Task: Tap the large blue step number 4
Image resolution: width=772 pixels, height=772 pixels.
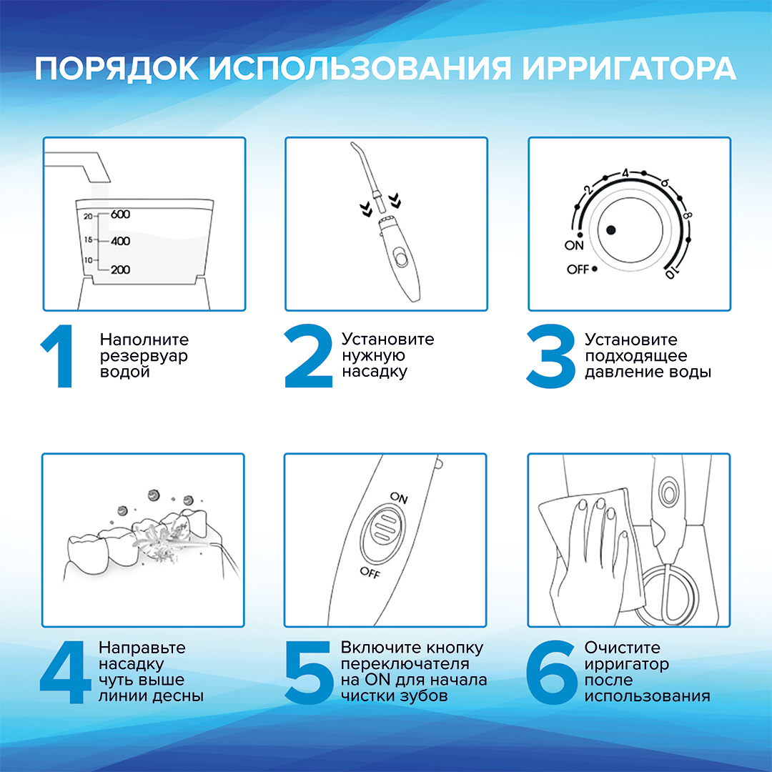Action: [x=65, y=672]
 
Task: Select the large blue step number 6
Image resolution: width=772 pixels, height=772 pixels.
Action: [x=551, y=672]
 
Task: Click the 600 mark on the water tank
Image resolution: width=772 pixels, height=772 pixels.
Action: [x=120, y=214]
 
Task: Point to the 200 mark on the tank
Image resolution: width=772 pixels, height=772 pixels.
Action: [x=120, y=269]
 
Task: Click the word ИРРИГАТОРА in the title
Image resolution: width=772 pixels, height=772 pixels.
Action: [x=629, y=69]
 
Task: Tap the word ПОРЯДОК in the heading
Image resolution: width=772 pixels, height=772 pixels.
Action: [x=117, y=69]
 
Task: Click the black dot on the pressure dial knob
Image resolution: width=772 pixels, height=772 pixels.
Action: [x=611, y=230]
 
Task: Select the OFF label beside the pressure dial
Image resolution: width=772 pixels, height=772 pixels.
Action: [x=578, y=269]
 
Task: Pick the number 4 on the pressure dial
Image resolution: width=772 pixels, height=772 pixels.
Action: [x=625, y=173]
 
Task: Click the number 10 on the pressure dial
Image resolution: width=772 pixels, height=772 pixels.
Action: [x=671, y=272]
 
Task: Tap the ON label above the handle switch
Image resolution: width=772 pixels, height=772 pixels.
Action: [x=399, y=498]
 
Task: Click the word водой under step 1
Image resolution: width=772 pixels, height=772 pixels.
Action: [x=124, y=372]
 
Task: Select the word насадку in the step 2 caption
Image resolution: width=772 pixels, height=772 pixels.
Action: [x=375, y=372]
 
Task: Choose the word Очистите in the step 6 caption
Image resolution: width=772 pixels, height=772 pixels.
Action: [x=623, y=648]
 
